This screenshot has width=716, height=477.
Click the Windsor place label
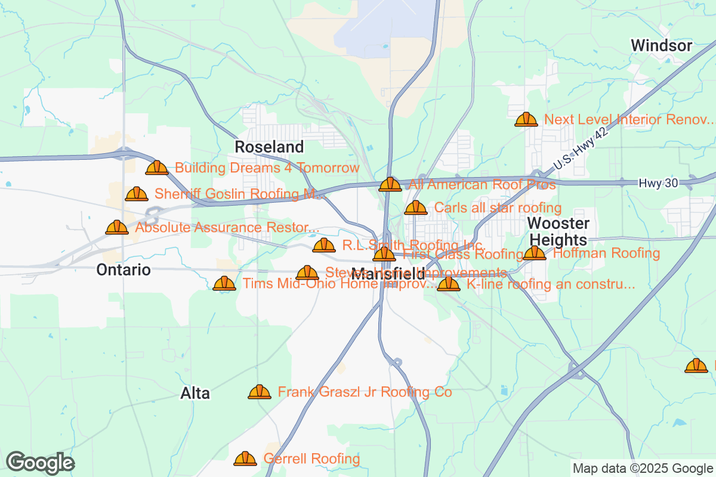click(661, 45)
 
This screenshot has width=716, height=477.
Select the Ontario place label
click(124, 270)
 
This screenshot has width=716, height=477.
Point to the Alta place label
click(195, 394)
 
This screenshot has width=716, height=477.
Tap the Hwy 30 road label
click(658, 183)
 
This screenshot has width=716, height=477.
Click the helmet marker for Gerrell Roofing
click(245, 459)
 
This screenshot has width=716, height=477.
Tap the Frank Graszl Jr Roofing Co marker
click(260, 392)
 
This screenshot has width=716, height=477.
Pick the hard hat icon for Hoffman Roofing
click(535, 253)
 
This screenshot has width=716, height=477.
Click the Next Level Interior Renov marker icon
click(526, 119)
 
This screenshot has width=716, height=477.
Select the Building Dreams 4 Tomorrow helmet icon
click(157, 168)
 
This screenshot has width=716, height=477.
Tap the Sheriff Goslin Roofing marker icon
click(137, 194)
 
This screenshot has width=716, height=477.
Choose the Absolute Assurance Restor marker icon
click(117, 227)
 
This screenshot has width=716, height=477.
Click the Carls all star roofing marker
click(416, 207)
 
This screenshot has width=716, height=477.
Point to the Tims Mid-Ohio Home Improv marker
click(224, 283)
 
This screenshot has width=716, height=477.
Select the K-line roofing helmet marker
click(449, 284)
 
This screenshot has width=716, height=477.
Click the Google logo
click(40, 463)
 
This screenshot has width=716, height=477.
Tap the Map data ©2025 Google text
click(643, 468)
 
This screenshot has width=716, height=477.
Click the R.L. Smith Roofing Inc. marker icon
click(324, 244)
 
